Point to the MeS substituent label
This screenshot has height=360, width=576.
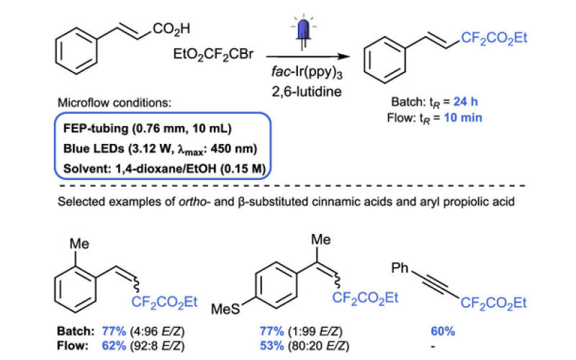point(225,310)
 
